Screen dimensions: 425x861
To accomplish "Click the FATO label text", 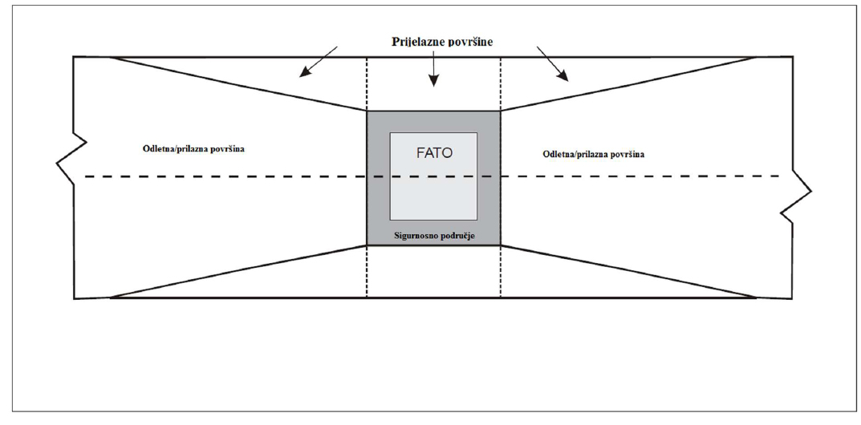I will coord(434,152).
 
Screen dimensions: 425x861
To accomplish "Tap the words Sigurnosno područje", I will coord(433,237).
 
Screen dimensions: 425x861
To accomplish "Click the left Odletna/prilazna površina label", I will coord(188,149).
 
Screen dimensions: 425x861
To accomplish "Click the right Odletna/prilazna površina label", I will coord(594,153).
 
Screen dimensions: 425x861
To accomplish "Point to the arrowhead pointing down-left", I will coord(305,75).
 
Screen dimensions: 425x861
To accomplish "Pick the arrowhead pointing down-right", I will coord(563,77).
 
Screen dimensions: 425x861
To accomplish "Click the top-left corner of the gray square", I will coord(368,111).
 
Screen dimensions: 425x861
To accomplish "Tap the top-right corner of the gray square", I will coord(501,111).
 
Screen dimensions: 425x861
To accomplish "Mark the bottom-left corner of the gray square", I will coord(368,245).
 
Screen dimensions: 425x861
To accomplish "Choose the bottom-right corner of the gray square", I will coord(501,245).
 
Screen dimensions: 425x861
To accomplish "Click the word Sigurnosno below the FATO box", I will coord(416,237).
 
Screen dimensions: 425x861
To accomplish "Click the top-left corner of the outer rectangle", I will coord(74,57).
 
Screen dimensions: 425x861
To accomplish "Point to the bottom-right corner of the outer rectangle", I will coord(793,298).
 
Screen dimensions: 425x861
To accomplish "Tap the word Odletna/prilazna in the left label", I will coord(170,149).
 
